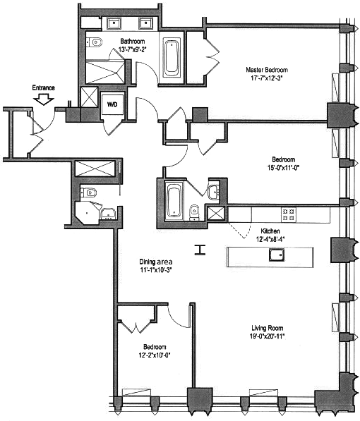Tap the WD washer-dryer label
(x=112, y=104)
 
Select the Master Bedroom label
(x=267, y=70)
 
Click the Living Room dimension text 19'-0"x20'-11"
(x=268, y=336)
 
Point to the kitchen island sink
(x=277, y=255)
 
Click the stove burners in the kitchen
(x=289, y=214)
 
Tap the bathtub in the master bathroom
(x=172, y=58)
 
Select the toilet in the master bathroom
(x=94, y=42)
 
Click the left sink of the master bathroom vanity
(x=115, y=23)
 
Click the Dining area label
(x=156, y=262)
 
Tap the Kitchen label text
(x=270, y=231)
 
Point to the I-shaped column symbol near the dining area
(x=200, y=250)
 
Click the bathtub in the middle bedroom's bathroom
(x=174, y=200)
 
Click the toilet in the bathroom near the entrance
(x=89, y=193)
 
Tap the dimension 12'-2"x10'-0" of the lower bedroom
(x=155, y=355)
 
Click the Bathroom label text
(x=133, y=42)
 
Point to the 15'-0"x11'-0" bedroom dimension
(x=283, y=168)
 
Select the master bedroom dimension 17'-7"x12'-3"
(x=267, y=78)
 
